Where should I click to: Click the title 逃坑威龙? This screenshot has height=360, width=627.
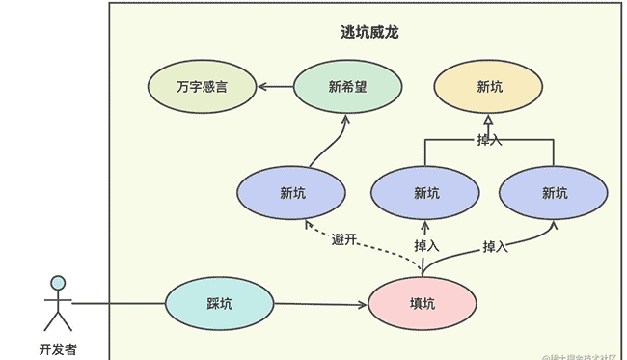(x=363, y=33)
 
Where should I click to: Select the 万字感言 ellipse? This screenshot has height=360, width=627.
(x=202, y=87)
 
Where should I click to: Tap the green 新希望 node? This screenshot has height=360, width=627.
(x=347, y=87)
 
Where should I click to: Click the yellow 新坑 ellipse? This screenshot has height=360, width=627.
(x=489, y=87)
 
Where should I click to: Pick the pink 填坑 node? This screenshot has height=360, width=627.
(x=422, y=304)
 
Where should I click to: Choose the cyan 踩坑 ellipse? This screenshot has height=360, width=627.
(x=219, y=304)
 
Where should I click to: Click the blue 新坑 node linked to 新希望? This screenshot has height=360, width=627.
(x=291, y=193)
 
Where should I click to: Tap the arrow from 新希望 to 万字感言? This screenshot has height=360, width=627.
(x=275, y=87)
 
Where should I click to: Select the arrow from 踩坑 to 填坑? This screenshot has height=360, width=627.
(x=320, y=305)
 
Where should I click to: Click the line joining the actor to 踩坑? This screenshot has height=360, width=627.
(x=118, y=304)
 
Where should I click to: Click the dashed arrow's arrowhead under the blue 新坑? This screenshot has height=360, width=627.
(x=308, y=224)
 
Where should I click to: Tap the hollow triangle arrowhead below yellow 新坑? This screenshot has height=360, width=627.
(x=489, y=120)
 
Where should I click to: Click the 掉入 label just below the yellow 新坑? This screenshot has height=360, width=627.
(x=489, y=141)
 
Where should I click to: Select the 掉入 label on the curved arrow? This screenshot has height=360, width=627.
(x=495, y=247)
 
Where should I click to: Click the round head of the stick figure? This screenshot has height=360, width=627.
(x=59, y=283)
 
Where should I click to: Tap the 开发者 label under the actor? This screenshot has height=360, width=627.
(x=58, y=348)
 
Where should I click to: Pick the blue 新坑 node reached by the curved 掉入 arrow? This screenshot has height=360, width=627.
(x=554, y=193)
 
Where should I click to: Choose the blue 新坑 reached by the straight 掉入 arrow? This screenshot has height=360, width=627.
(x=425, y=193)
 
